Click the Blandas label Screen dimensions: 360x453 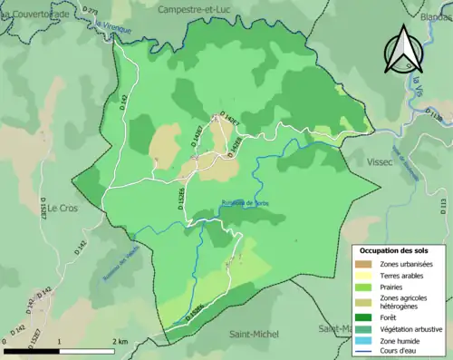tap(436, 17)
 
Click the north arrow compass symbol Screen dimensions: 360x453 tap(403, 51)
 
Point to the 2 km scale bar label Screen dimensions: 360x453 tap(119, 341)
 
